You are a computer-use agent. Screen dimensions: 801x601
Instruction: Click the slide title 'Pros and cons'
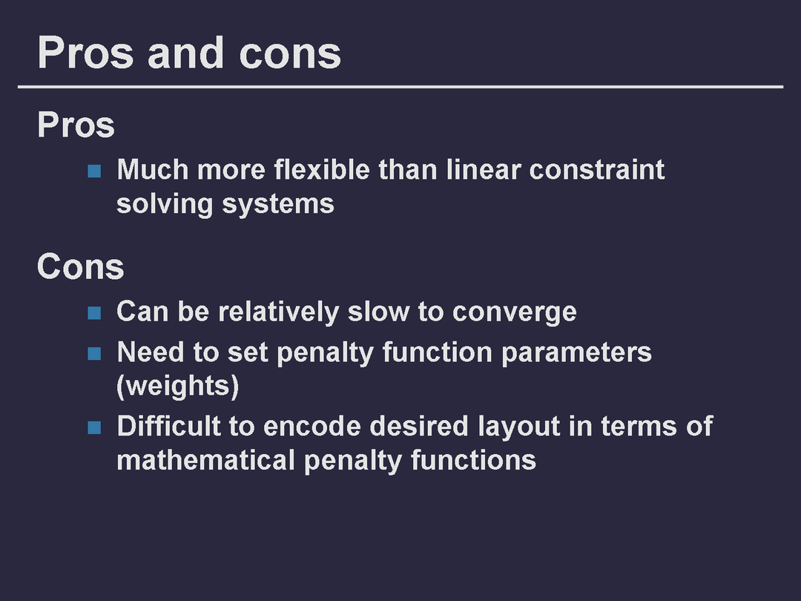click(x=189, y=53)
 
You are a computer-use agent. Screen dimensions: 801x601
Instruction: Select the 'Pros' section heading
click(x=76, y=125)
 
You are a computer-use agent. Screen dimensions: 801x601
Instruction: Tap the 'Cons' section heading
click(x=81, y=267)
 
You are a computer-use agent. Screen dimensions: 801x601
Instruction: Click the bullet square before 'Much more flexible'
click(x=94, y=171)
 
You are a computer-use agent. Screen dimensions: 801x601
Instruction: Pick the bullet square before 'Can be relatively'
click(x=94, y=313)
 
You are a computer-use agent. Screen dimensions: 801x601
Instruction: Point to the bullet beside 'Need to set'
click(x=94, y=353)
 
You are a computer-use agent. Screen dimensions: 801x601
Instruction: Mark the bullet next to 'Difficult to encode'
click(x=94, y=427)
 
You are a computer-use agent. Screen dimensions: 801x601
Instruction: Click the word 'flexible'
click(x=322, y=169)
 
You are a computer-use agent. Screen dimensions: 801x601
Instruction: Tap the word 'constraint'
click(x=597, y=169)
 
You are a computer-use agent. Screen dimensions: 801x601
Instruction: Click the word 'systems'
click(x=278, y=205)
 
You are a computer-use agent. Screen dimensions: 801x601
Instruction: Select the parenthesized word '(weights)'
click(x=178, y=387)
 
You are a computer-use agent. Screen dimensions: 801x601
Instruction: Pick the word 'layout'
click(x=519, y=427)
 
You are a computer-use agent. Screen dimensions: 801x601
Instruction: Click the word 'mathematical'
click(x=206, y=460)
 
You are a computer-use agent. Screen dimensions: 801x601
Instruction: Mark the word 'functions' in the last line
click(x=473, y=460)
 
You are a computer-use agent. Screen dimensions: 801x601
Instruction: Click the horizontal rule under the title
click(x=400, y=87)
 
